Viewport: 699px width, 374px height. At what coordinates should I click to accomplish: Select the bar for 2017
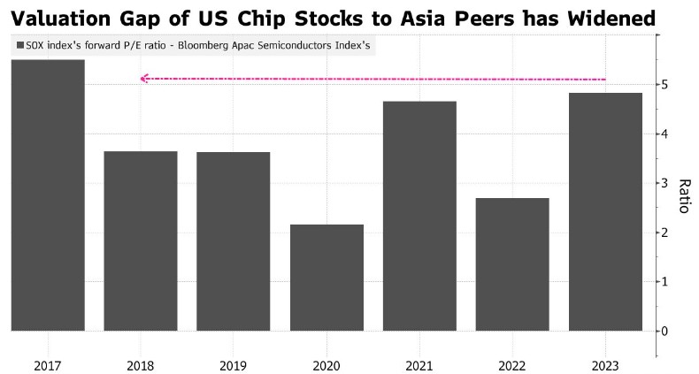click(x=48, y=195)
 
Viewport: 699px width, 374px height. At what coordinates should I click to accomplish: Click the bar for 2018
click(x=140, y=240)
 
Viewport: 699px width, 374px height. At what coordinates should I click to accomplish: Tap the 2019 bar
click(x=233, y=241)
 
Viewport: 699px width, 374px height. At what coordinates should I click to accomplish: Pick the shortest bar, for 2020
click(x=326, y=278)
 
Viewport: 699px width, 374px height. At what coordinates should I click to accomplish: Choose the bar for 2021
click(x=419, y=216)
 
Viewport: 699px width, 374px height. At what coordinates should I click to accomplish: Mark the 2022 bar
click(x=512, y=264)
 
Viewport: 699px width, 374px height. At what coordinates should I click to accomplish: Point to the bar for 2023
click(x=605, y=211)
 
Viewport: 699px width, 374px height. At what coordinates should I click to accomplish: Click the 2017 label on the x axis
click(x=48, y=364)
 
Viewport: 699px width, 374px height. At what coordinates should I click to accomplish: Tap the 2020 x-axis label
click(x=326, y=364)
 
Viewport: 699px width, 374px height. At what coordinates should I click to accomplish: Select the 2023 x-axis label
click(x=605, y=364)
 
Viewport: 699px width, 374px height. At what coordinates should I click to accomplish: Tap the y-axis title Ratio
click(x=683, y=196)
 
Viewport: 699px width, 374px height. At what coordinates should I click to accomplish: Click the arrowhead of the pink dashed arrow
click(x=144, y=79)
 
